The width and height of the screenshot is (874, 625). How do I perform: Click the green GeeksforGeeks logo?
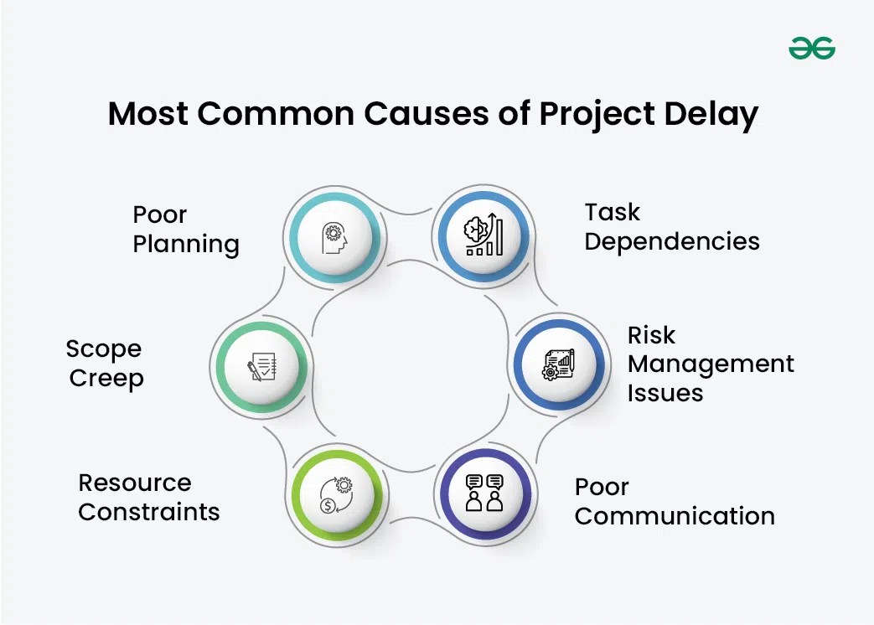pos(811,49)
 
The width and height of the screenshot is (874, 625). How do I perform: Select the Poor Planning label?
pos(186,229)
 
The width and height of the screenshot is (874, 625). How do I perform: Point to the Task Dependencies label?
pos(671,226)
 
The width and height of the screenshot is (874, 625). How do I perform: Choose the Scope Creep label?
pos(106,363)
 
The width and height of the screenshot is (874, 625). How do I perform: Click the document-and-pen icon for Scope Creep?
pos(262,366)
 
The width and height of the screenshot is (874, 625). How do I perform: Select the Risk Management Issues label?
pos(711,364)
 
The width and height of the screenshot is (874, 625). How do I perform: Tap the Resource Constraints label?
pos(148,497)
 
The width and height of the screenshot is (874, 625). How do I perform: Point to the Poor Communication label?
pos(674,501)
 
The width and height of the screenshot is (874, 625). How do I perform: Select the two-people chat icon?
pos(484,493)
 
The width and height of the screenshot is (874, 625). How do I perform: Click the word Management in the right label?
pos(711,364)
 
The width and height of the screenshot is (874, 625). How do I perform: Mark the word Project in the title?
pos(595,114)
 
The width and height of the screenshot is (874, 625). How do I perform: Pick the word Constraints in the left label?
pos(148,511)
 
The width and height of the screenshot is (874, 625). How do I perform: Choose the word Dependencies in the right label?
pos(671,241)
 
